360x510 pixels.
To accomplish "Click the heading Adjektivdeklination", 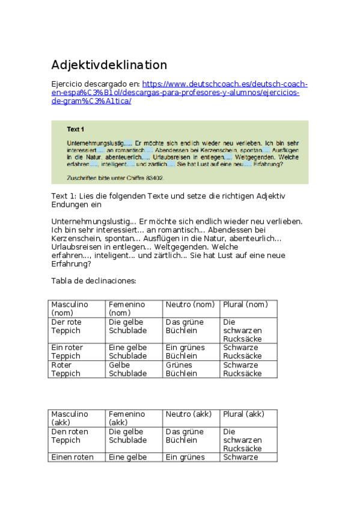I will click(109, 65).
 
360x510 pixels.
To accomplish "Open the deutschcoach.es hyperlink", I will click(225, 84).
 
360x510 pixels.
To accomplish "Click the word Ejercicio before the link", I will click(69, 84).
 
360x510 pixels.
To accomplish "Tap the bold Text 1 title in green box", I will click(76, 129).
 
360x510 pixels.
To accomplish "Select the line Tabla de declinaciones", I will click(94, 281).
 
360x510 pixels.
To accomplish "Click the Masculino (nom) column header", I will click(70, 309).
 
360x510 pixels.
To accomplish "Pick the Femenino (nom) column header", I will click(127, 309).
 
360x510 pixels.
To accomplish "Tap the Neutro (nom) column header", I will click(190, 304).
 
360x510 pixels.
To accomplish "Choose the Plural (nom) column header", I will click(245, 304).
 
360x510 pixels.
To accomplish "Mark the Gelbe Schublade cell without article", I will click(127, 369).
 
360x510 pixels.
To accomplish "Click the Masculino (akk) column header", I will click(70, 418).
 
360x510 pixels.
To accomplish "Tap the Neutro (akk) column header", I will click(189, 414).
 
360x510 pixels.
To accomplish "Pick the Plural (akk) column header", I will click(243, 414).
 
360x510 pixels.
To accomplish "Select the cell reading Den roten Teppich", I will click(70, 435).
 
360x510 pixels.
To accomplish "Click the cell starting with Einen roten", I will click(73, 457).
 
